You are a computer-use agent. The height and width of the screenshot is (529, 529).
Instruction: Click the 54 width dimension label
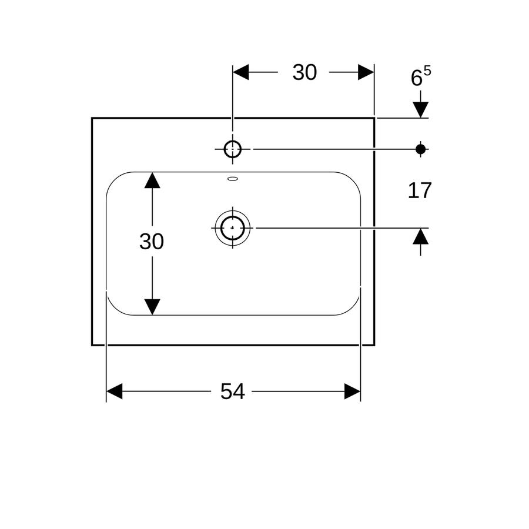[232, 391]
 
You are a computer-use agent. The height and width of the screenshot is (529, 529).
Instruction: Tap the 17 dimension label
[420, 190]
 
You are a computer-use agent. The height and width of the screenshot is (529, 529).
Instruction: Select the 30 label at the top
[304, 72]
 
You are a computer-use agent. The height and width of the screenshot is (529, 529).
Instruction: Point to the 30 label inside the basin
[152, 241]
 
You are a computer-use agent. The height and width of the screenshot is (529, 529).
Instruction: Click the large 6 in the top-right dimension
[416, 78]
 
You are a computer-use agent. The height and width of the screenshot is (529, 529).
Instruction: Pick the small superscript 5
[427, 71]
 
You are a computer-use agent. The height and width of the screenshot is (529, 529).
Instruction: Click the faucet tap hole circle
[232, 149]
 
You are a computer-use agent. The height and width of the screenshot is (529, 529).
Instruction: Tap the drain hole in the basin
[232, 228]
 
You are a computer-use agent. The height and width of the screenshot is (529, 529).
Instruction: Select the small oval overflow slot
[232, 179]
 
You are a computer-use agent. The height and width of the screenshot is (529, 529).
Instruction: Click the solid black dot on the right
[420, 149]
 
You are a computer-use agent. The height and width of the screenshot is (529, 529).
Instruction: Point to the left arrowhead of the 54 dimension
[114, 391]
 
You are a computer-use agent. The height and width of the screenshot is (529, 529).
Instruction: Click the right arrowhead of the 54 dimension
[353, 391]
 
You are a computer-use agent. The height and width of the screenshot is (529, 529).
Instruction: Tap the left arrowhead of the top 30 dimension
[240, 72]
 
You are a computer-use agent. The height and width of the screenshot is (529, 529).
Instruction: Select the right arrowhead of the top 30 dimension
[366, 72]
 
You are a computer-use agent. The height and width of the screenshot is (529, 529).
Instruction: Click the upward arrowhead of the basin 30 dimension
[152, 180]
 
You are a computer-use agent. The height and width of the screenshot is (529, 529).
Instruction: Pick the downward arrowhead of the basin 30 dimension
[152, 307]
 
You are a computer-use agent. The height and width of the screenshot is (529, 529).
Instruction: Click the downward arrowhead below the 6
[420, 110]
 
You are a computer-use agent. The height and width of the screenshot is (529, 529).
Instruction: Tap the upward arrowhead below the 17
[420, 236]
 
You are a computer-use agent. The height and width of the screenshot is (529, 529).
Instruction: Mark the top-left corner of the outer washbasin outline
[92, 118]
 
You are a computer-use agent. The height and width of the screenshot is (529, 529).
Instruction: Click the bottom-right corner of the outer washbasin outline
[374, 345]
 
